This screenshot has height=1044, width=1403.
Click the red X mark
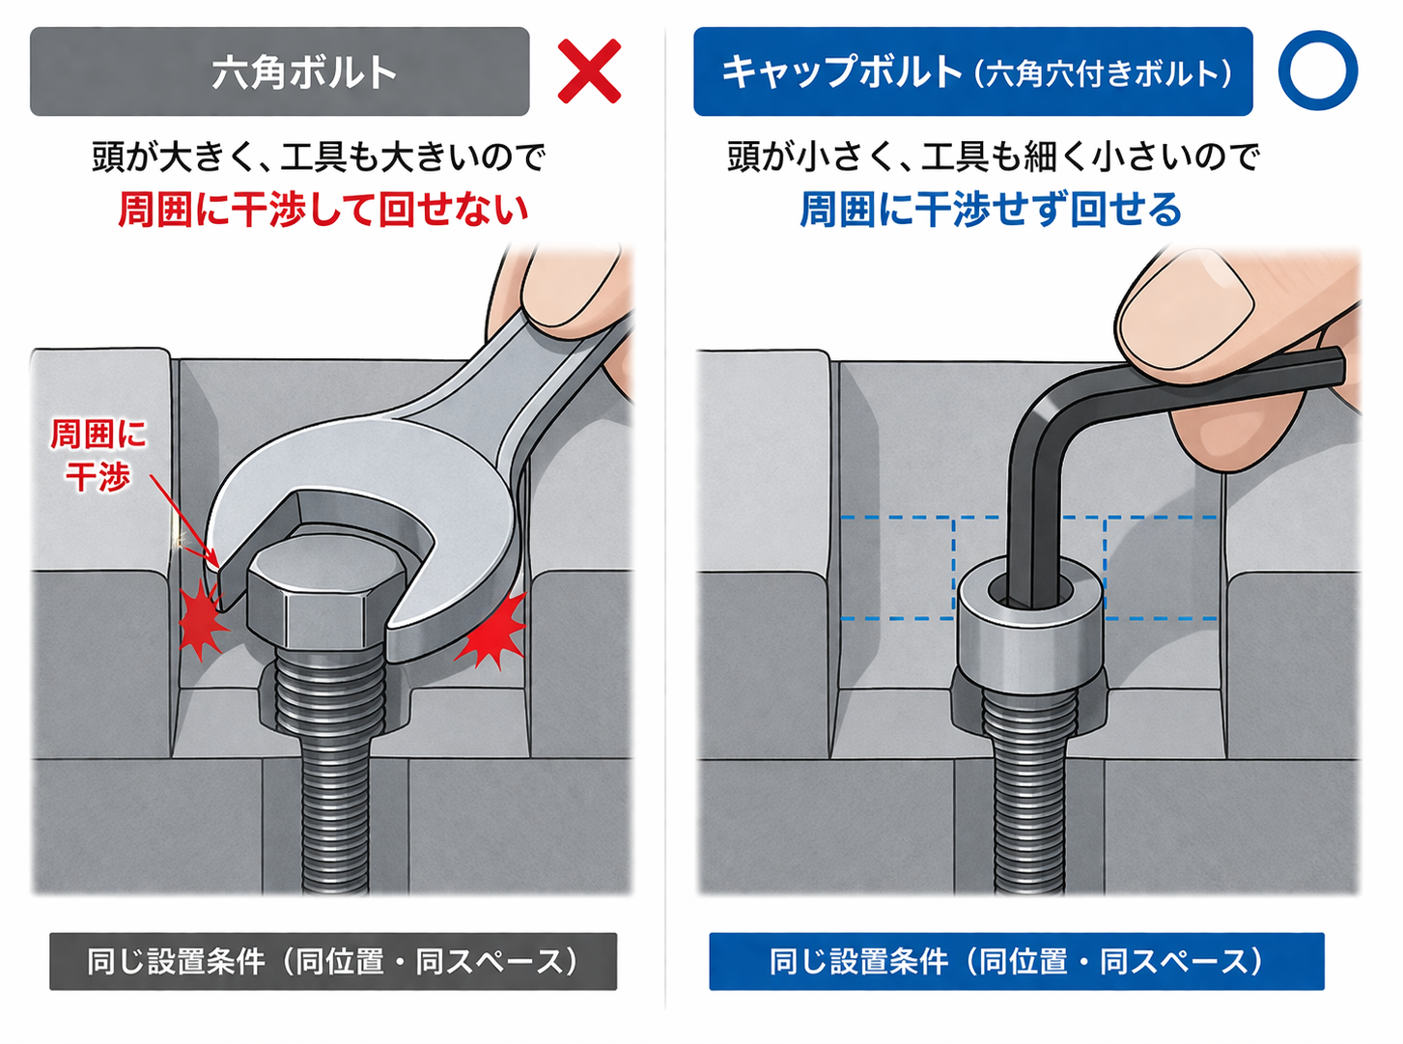(x=589, y=71)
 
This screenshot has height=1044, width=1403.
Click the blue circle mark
(x=1317, y=71)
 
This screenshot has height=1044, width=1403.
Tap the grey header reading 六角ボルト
(x=280, y=72)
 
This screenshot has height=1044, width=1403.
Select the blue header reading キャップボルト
(x=972, y=72)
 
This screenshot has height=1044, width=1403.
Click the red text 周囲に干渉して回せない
(x=323, y=210)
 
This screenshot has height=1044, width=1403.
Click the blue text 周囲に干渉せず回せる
(x=991, y=210)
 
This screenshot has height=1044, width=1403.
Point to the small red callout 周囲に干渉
(x=98, y=455)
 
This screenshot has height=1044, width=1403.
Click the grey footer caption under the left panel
(x=333, y=961)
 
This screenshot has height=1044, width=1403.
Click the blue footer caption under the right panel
(x=1016, y=961)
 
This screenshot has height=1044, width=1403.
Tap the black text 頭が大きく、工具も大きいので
(x=319, y=156)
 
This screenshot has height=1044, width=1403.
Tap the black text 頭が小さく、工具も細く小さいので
(x=993, y=156)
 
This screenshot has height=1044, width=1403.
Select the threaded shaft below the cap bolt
(x=1028, y=792)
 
